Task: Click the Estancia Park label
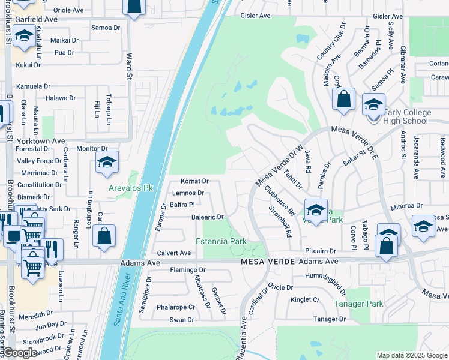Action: point(221,241)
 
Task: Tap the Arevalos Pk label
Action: point(131,188)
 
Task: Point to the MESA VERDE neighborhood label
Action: point(264,262)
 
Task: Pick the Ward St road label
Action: point(128,66)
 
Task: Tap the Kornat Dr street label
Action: point(194,181)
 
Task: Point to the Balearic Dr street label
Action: point(207,217)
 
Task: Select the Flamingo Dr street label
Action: point(188,269)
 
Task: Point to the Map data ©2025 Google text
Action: point(411,355)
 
